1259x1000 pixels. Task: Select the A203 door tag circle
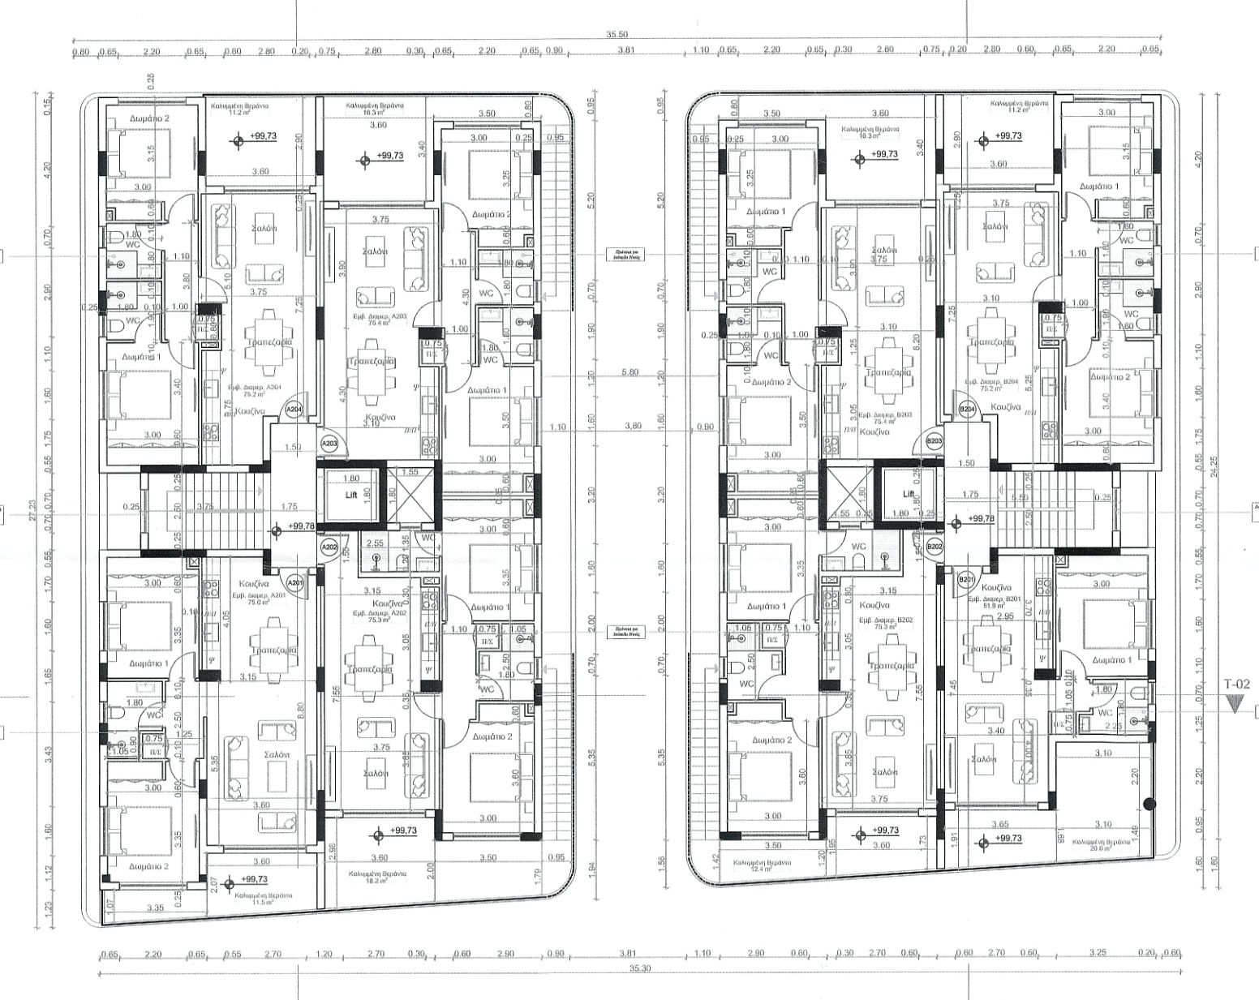tap(329, 444)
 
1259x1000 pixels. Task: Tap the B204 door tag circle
tap(966, 410)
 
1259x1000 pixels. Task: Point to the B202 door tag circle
tap(935, 547)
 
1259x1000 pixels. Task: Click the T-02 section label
tap(1237, 685)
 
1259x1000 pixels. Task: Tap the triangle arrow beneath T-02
tap(1236, 703)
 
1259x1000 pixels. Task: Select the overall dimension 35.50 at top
tap(617, 35)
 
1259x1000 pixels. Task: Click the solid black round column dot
tap(1149, 805)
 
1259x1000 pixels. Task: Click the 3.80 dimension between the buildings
tap(634, 426)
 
